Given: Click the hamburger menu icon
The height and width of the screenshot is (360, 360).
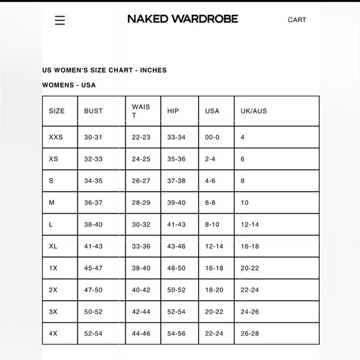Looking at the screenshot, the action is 60,20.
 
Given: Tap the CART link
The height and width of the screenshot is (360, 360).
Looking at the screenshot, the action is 297,20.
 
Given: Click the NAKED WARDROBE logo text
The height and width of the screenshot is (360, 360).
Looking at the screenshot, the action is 182,19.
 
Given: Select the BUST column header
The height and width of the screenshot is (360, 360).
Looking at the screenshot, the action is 94,111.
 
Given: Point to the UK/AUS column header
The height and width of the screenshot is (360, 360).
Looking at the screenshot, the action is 254,111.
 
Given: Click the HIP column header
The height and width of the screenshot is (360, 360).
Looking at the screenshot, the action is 173,111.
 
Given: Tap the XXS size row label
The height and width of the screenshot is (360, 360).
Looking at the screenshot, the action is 56,137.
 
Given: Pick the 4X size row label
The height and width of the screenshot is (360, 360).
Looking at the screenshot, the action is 53,333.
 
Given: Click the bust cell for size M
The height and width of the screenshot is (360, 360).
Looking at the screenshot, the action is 94,203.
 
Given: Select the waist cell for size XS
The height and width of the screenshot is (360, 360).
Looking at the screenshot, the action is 141,160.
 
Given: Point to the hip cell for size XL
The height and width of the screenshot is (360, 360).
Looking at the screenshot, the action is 176,246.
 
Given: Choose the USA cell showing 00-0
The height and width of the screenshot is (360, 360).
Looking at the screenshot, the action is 212,137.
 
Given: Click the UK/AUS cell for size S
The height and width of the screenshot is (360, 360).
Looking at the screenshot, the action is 243,181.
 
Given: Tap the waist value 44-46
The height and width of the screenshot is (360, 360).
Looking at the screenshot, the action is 141,333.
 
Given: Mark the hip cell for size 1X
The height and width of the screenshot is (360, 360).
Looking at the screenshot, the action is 176,268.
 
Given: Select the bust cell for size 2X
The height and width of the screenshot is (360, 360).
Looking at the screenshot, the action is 94,290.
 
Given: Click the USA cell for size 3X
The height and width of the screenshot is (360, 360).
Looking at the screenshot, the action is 214,312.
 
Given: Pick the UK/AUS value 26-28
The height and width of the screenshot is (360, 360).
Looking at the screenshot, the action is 250,333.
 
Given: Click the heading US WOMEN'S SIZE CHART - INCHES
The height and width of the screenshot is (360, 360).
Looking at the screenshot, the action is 104,70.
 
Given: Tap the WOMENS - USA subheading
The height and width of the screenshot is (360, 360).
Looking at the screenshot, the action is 69,85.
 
